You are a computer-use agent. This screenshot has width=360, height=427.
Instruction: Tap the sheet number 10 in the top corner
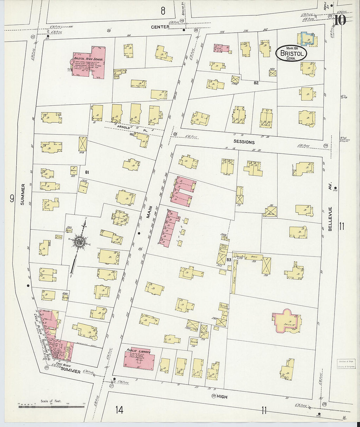[x=340, y=20]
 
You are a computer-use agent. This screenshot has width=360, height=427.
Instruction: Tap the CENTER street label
[x=160, y=27]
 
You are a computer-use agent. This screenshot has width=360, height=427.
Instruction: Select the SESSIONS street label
[x=244, y=142]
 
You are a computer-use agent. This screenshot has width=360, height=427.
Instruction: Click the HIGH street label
[x=222, y=397]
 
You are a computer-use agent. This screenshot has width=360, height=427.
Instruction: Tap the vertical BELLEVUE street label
[x=330, y=219]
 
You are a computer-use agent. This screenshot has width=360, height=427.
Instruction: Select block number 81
[x=87, y=172]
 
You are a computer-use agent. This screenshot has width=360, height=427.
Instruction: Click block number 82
[x=256, y=83]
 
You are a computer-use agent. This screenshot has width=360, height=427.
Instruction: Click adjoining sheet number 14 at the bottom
[x=119, y=409]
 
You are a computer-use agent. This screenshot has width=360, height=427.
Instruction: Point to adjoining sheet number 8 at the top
[x=163, y=11]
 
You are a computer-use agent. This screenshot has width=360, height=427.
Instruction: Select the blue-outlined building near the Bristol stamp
[x=307, y=38]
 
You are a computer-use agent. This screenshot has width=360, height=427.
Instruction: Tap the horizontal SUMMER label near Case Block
[x=71, y=371]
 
